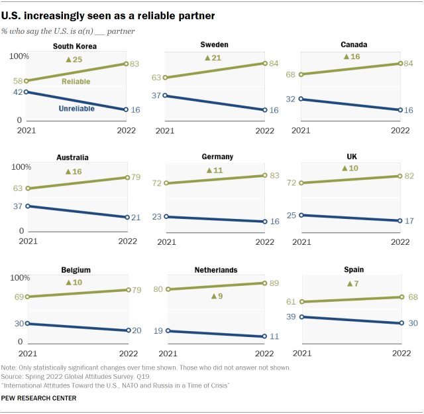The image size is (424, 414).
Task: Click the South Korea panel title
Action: (75, 46)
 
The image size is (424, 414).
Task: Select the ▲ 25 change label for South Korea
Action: (74, 60)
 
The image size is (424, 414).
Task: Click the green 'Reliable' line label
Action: (76, 82)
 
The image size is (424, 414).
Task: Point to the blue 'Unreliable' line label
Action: (76, 109)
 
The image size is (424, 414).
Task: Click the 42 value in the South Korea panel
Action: (18, 92)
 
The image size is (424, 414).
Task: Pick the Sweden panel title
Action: (215, 44)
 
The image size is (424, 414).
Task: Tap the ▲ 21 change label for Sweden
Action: (214, 58)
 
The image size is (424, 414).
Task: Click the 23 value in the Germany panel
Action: (156, 216)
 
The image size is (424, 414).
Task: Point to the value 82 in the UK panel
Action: (409, 175)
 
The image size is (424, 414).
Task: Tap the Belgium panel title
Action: (75, 270)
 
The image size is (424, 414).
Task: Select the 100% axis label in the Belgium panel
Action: (19, 277)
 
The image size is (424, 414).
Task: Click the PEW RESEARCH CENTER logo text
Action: (38, 398)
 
